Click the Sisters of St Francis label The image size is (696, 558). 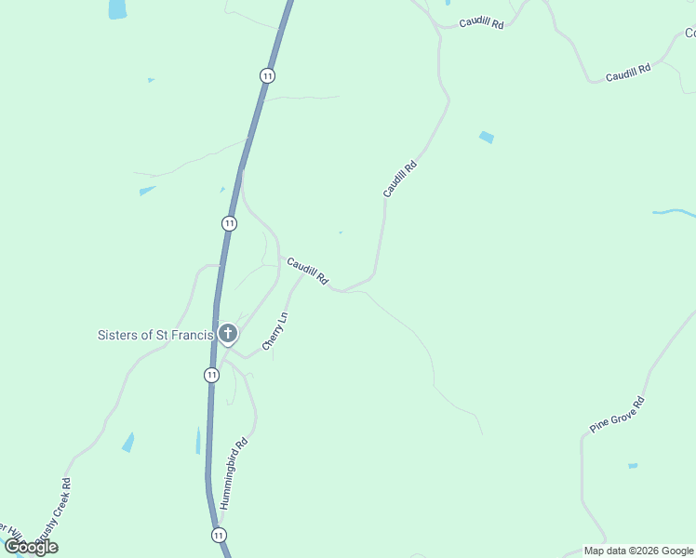pos(155,335)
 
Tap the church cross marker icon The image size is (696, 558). pos(228,334)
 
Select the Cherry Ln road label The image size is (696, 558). pos(275,331)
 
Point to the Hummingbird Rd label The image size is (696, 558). pos(235,472)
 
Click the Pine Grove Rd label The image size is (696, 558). pos(617,415)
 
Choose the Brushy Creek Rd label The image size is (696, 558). pos(56,508)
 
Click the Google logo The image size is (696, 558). pos(31,547)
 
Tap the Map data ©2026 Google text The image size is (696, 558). pos(638,551)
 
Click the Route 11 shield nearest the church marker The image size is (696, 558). pos(212,375)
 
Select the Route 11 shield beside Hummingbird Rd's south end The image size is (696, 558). pos(218,536)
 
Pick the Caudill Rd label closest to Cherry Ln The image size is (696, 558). pos(308,271)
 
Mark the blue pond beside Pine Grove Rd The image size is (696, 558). pos(633,465)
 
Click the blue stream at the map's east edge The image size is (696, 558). pos(674,213)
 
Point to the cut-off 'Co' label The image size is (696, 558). pos(689,33)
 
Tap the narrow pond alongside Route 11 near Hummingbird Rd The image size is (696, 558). pos(198,440)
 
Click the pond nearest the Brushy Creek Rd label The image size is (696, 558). pos(128,443)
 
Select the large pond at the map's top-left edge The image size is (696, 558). pos(117,9)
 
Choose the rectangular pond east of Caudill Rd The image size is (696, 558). pos(486,138)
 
